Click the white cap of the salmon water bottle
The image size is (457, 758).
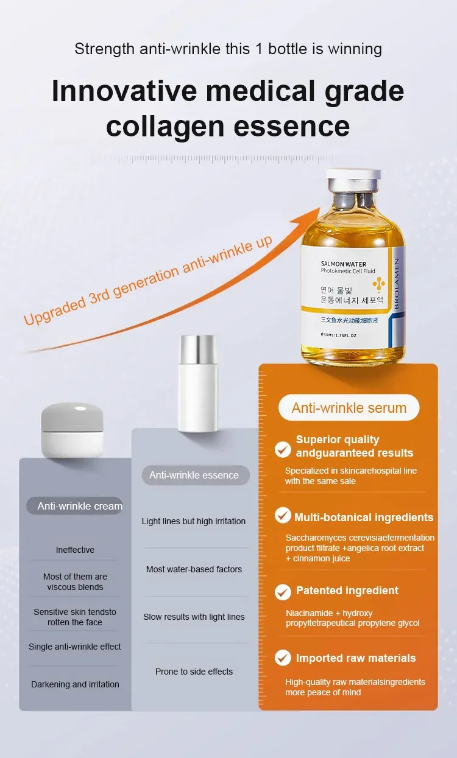(x=353, y=174)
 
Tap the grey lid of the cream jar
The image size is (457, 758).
(x=72, y=417)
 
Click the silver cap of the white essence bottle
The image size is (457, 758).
(x=197, y=349)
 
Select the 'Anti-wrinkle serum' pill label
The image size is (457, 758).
(x=349, y=408)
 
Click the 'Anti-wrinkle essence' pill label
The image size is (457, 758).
(x=196, y=475)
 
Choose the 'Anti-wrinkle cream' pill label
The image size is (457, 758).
(x=75, y=506)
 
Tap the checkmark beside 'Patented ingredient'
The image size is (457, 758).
(x=283, y=592)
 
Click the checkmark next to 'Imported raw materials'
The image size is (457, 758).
(x=283, y=658)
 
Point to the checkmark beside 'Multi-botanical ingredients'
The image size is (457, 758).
(x=283, y=515)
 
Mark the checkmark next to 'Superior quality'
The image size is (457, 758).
(x=283, y=450)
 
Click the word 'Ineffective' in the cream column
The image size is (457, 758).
(x=75, y=550)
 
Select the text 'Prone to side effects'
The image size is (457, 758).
(x=194, y=672)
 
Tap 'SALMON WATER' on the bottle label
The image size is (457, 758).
(x=344, y=264)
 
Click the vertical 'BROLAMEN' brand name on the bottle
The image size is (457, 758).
(x=397, y=283)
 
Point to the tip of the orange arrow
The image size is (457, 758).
(x=320, y=208)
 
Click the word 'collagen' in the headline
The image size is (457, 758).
(x=165, y=127)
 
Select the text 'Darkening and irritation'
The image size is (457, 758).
(x=75, y=684)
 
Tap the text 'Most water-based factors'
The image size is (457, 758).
(x=194, y=569)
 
